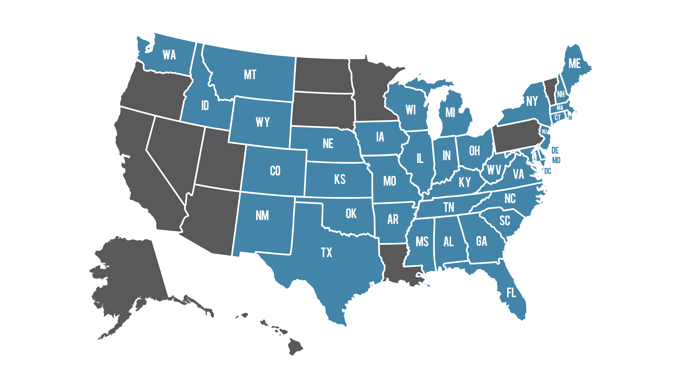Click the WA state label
(169, 55)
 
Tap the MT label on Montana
(250, 75)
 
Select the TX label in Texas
(326, 253)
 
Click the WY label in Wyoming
(263, 122)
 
